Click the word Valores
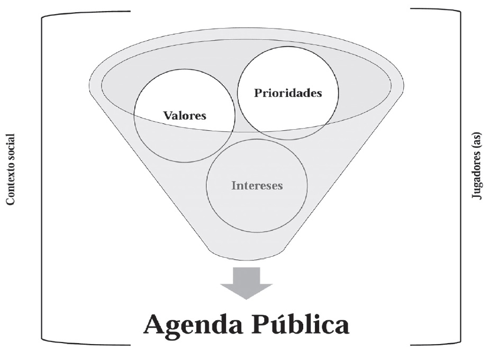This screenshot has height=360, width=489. click(185, 115)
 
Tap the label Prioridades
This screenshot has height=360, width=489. click(288, 94)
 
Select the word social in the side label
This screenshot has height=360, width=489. click(10, 145)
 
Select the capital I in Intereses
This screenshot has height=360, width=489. click(232, 186)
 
